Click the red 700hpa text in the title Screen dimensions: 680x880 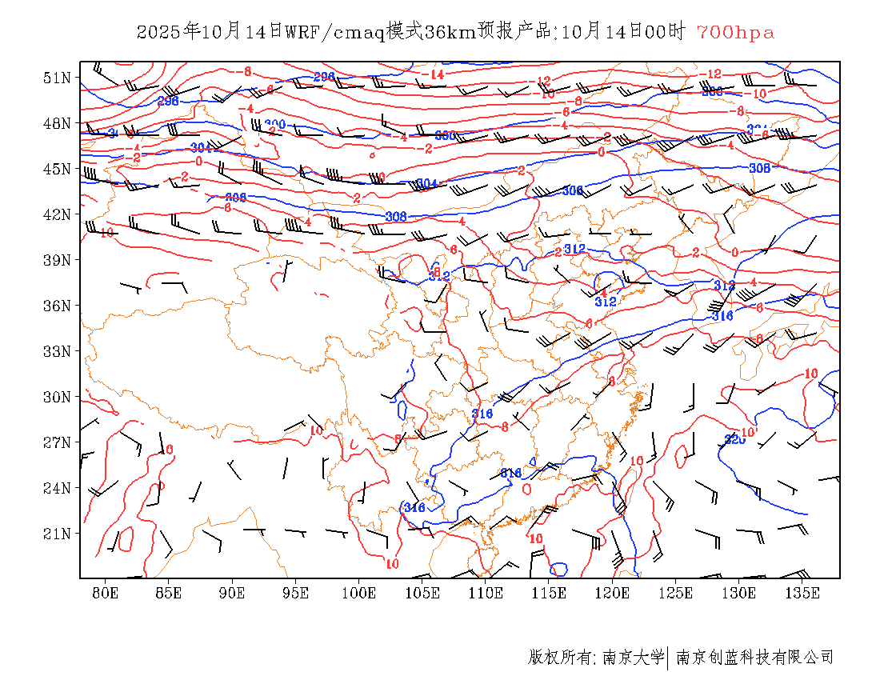coord(735,32)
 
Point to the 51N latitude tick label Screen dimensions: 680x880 coord(57,78)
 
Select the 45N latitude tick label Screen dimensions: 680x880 coord(57,169)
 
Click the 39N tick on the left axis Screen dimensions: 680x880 coord(57,260)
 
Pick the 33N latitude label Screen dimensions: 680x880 coord(57,351)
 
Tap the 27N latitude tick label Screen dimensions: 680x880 coord(57,442)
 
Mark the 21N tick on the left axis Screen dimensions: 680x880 coord(57,534)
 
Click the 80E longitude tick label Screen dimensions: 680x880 coord(106,593)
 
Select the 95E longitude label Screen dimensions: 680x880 coord(296,593)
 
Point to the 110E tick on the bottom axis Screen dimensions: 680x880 coord(486,593)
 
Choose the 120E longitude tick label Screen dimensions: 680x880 coord(612,593)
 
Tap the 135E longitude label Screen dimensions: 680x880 coord(802,593)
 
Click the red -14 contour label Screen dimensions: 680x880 coord(434,74)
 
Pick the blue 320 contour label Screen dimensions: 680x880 coord(734,439)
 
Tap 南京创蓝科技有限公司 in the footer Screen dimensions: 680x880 coord(754,658)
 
